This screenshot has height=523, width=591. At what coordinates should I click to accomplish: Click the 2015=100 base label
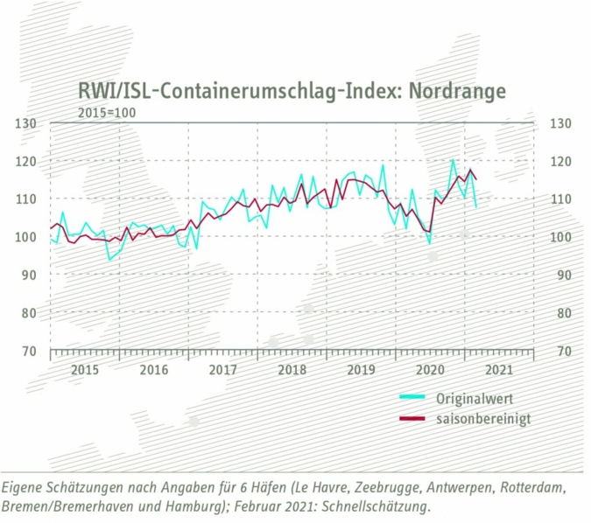tap(107, 112)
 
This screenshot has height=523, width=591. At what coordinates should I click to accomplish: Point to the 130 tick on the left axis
tap(27, 123)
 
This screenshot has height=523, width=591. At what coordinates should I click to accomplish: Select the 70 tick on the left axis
tap(27, 351)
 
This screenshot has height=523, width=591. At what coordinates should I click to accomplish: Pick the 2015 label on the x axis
tap(84, 370)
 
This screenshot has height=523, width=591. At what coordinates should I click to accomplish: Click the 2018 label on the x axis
tap(292, 370)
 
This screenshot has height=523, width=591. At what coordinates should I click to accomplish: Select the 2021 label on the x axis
tap(498, 370)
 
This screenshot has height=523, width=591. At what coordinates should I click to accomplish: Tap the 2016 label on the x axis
tap(153, 370)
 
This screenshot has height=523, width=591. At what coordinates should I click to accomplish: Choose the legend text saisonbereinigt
tap(482, 419)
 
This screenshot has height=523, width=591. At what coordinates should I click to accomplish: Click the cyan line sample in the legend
tap(412, 398)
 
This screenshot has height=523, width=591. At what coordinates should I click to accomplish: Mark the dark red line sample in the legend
tap(412, 419)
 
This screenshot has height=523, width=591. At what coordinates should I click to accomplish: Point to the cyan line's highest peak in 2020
tap(453, 160)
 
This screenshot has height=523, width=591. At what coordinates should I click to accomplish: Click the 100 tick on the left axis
tap(27, 237)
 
